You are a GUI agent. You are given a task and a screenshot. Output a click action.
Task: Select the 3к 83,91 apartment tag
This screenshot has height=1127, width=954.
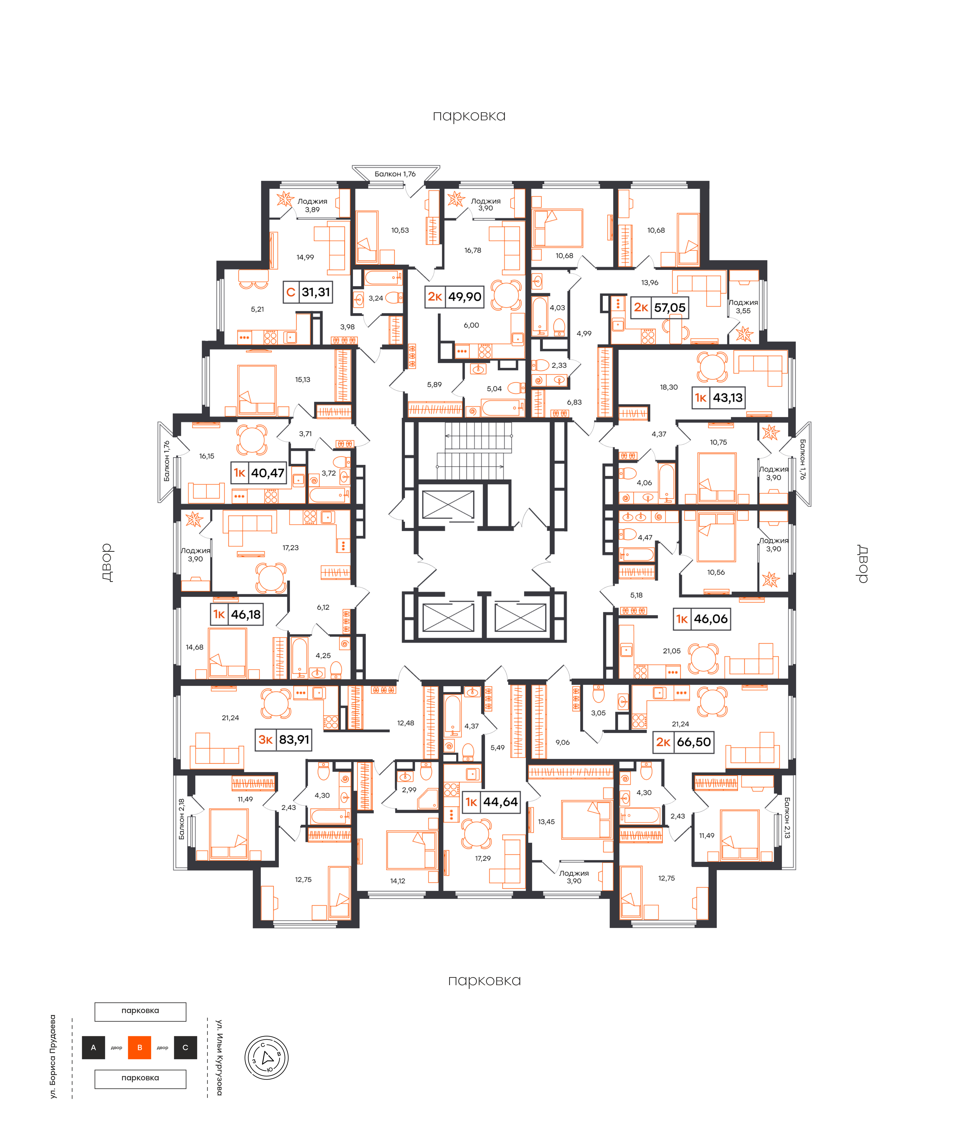click(x=283, y=739)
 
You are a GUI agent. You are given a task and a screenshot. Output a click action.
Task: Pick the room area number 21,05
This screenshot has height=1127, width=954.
click(x=672, y=651)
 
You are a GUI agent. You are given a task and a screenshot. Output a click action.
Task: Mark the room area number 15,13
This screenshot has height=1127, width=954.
click(x=303, y=380)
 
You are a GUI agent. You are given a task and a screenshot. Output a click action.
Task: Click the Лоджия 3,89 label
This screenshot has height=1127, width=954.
click(x=312, y=205)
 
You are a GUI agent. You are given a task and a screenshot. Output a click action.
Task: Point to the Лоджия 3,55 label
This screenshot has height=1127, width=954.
click(x=743, y=307)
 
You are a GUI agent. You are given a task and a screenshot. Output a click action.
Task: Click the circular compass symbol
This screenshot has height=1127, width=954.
click(x=267, y=1058)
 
